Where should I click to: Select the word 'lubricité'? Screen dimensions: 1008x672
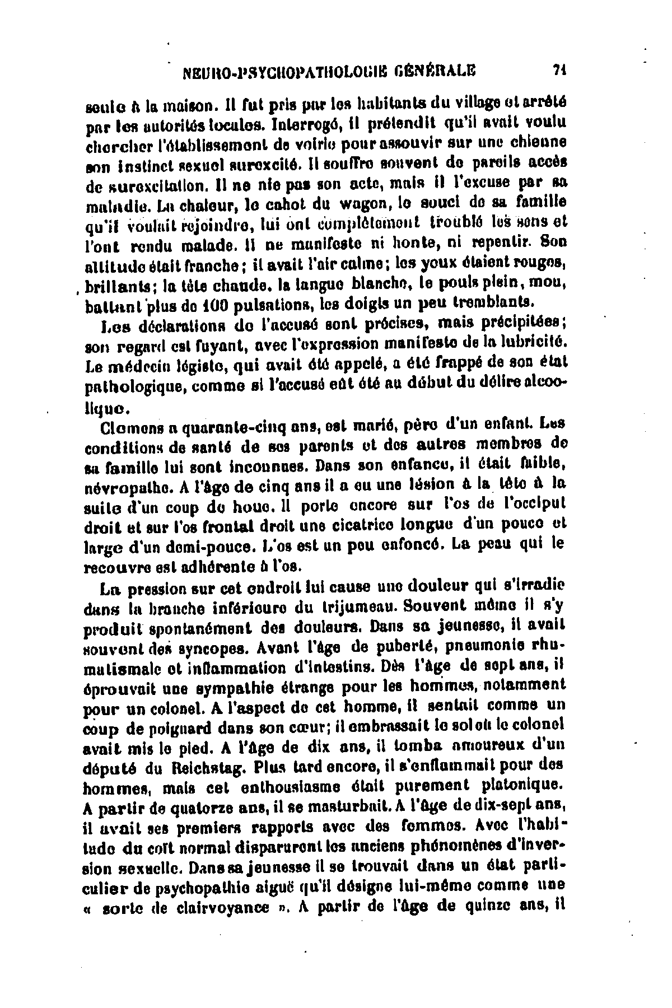530,340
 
